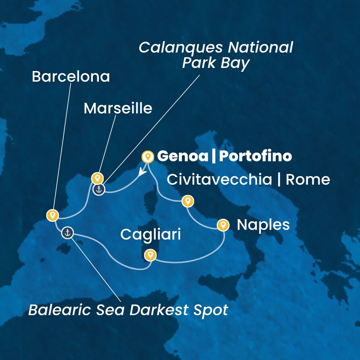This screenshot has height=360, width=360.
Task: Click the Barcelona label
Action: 71,77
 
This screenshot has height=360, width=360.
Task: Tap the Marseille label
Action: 118,108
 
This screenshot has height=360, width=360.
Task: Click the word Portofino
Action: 255,156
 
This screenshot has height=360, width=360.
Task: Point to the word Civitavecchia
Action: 220,180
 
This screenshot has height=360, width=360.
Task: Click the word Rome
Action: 308,180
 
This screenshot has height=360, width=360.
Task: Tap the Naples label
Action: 263,225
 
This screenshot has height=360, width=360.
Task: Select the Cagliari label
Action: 151,235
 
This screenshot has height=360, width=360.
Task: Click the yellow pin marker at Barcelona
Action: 52,215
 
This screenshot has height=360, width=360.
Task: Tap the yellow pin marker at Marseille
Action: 97,178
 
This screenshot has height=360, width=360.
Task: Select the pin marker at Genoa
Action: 148,156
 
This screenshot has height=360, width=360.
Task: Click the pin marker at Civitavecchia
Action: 187,201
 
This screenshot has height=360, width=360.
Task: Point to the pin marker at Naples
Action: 223,224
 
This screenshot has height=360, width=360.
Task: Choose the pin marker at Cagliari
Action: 150,255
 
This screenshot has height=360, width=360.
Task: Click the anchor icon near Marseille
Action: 99,189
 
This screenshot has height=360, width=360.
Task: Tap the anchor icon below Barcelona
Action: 68,232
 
